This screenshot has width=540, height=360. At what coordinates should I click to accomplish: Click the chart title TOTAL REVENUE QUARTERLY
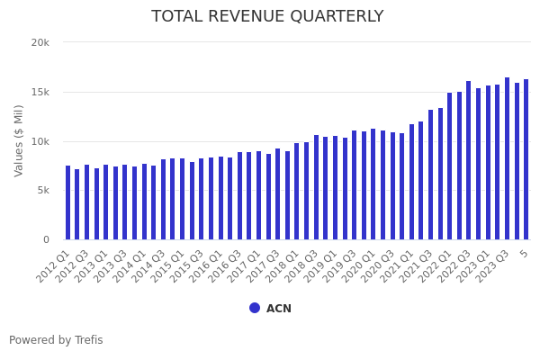click(267, 16)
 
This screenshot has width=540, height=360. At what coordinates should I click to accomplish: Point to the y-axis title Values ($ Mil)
click(19, 140)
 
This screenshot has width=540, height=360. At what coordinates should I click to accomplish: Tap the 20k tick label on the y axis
click(40, 42)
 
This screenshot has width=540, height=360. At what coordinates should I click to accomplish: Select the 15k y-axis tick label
click(40, 92)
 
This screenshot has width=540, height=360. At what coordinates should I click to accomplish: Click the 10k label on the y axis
click(40, 141)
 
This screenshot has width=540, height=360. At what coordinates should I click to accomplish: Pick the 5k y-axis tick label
click(43, 191)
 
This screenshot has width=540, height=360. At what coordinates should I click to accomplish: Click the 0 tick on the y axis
click(46, 239)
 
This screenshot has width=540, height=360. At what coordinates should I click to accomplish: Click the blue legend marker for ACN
click(255, 308)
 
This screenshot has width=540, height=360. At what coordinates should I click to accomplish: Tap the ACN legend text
click(278, 309)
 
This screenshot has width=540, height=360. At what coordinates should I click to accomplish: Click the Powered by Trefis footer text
click(56, 340)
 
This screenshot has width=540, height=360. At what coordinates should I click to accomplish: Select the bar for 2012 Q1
click(67, 202)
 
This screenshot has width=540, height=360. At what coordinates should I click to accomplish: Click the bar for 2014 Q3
click(163, 200)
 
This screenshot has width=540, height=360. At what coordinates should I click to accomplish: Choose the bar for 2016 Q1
click(220, 198)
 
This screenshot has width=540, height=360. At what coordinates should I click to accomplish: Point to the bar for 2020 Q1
click(373, 184)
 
